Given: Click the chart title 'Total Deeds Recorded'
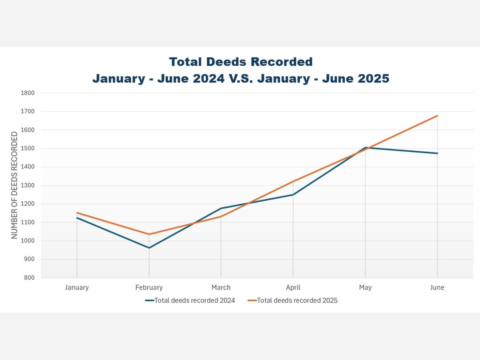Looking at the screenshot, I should click(x=240, y=62).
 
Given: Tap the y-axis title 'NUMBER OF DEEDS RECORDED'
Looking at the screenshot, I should click(x=14, y=185).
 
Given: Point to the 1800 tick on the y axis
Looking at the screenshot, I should click(x=28, y=93).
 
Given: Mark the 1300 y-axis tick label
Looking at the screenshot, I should click(x=28, y=185).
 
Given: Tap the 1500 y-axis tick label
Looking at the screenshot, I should click(x=28, y=148).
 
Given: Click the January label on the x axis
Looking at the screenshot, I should click(x=77, y=288).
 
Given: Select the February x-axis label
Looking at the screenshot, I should click(x=149, y=288).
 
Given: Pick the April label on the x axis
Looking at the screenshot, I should click(x=293, y=288).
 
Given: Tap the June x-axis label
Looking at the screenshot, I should click(x=437, y=288).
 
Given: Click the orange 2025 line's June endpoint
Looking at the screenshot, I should click(x=437, y=116).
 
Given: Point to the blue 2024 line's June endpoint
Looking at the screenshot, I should click(x=437, y=153).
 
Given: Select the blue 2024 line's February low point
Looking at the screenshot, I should click(x=149, y=248).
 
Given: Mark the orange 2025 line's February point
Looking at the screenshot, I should click(x=149, y=234).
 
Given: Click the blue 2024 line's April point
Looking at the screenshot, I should click(x=293, y=195).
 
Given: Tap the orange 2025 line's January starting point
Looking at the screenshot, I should click(x=77, y=213).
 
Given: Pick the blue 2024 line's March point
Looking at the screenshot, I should click(x=221, y=208).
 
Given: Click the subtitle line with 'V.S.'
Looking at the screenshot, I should click(x=240, y=78).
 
